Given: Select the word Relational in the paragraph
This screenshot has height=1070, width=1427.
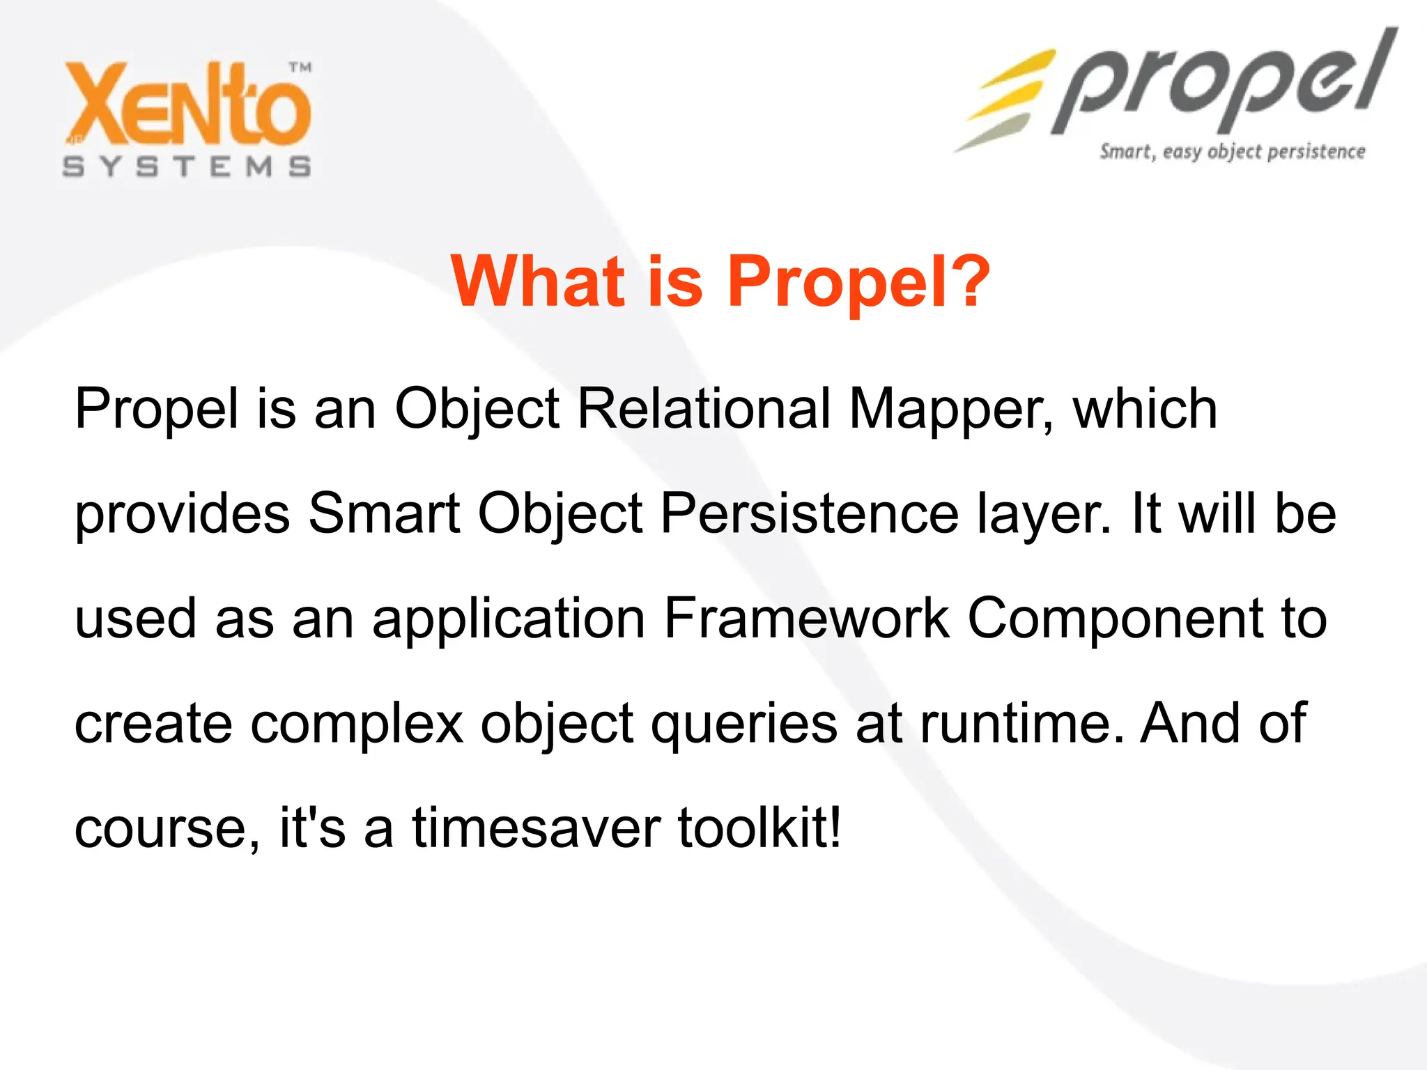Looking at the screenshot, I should click(x=704, y=409).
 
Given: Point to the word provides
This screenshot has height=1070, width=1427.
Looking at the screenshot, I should click(x=182, y=515).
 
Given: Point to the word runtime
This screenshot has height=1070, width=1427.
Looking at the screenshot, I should click(x=1021, y=724).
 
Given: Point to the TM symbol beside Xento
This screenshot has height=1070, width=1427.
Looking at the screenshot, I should click(x=300, y=68).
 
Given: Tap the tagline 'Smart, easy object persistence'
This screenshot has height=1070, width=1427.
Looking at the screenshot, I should click(x=1232, y=152).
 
